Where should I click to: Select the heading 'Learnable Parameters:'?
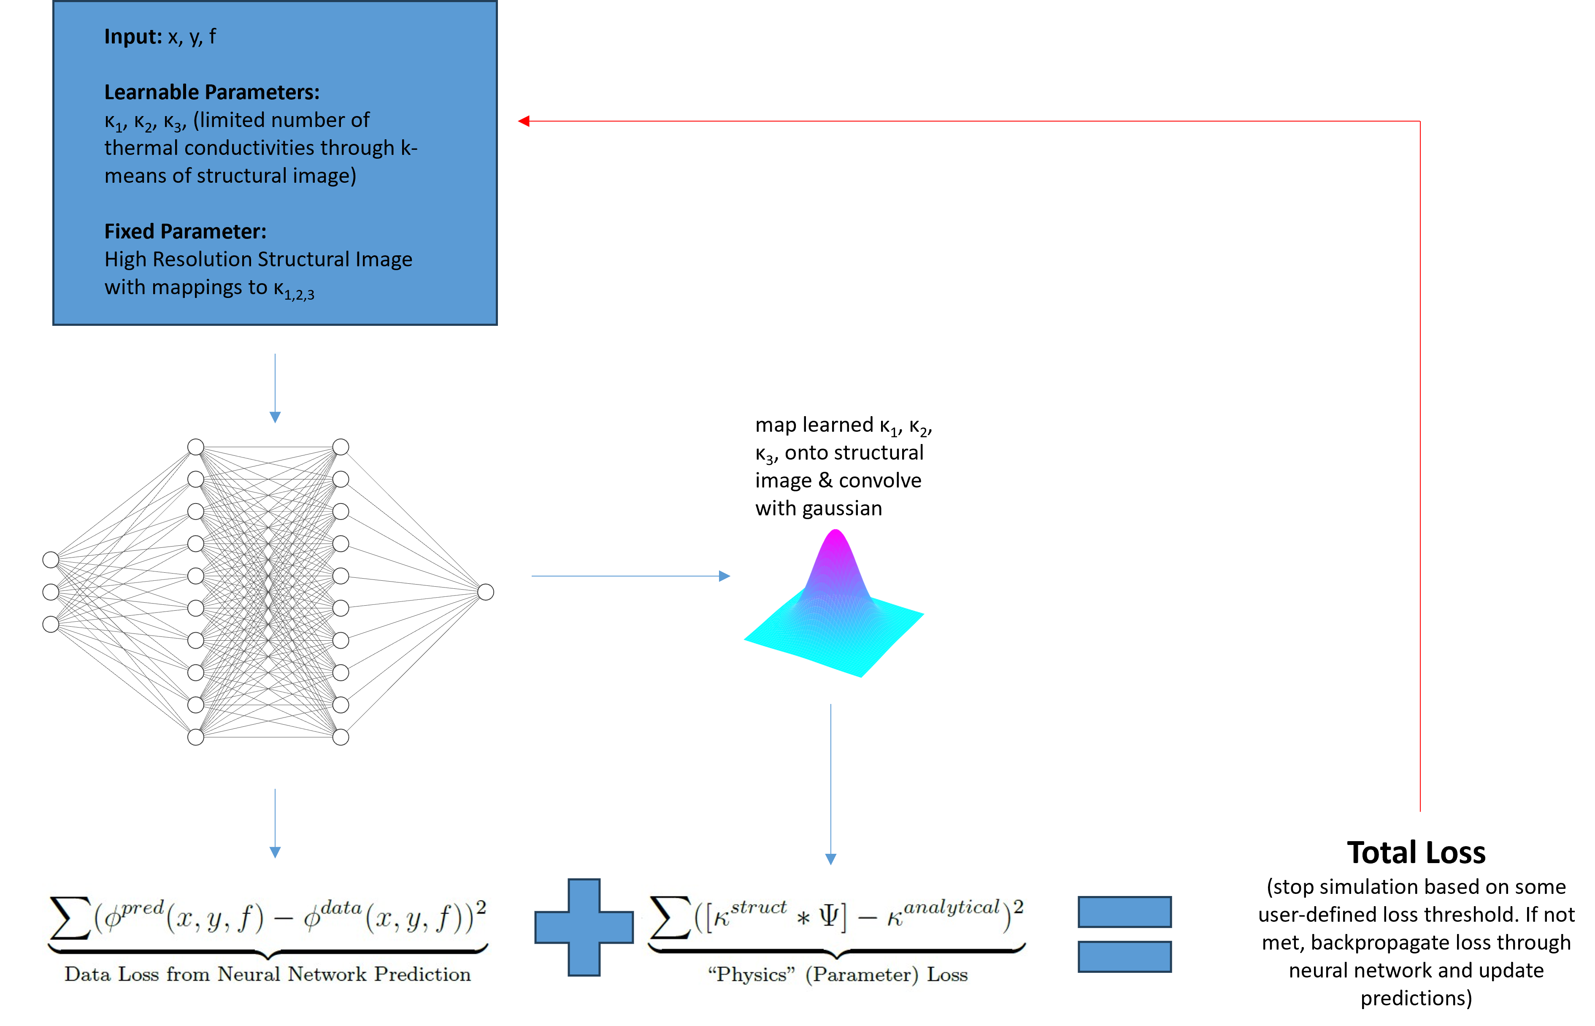point(212,92)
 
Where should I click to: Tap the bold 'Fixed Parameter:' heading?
point(185,231)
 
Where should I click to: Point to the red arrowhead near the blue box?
point(524,121)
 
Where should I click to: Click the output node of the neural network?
point(486,592)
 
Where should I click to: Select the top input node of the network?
point(51,560)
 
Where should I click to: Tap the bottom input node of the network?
point(51,624)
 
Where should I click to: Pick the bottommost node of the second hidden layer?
point(341,737)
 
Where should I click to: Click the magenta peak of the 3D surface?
point(835,536)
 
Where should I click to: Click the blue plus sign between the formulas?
point(584,927)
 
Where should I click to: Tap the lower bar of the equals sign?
point(1124,957)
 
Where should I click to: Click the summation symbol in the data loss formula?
point(70,918)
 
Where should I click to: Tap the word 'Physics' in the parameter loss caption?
point(751,975)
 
